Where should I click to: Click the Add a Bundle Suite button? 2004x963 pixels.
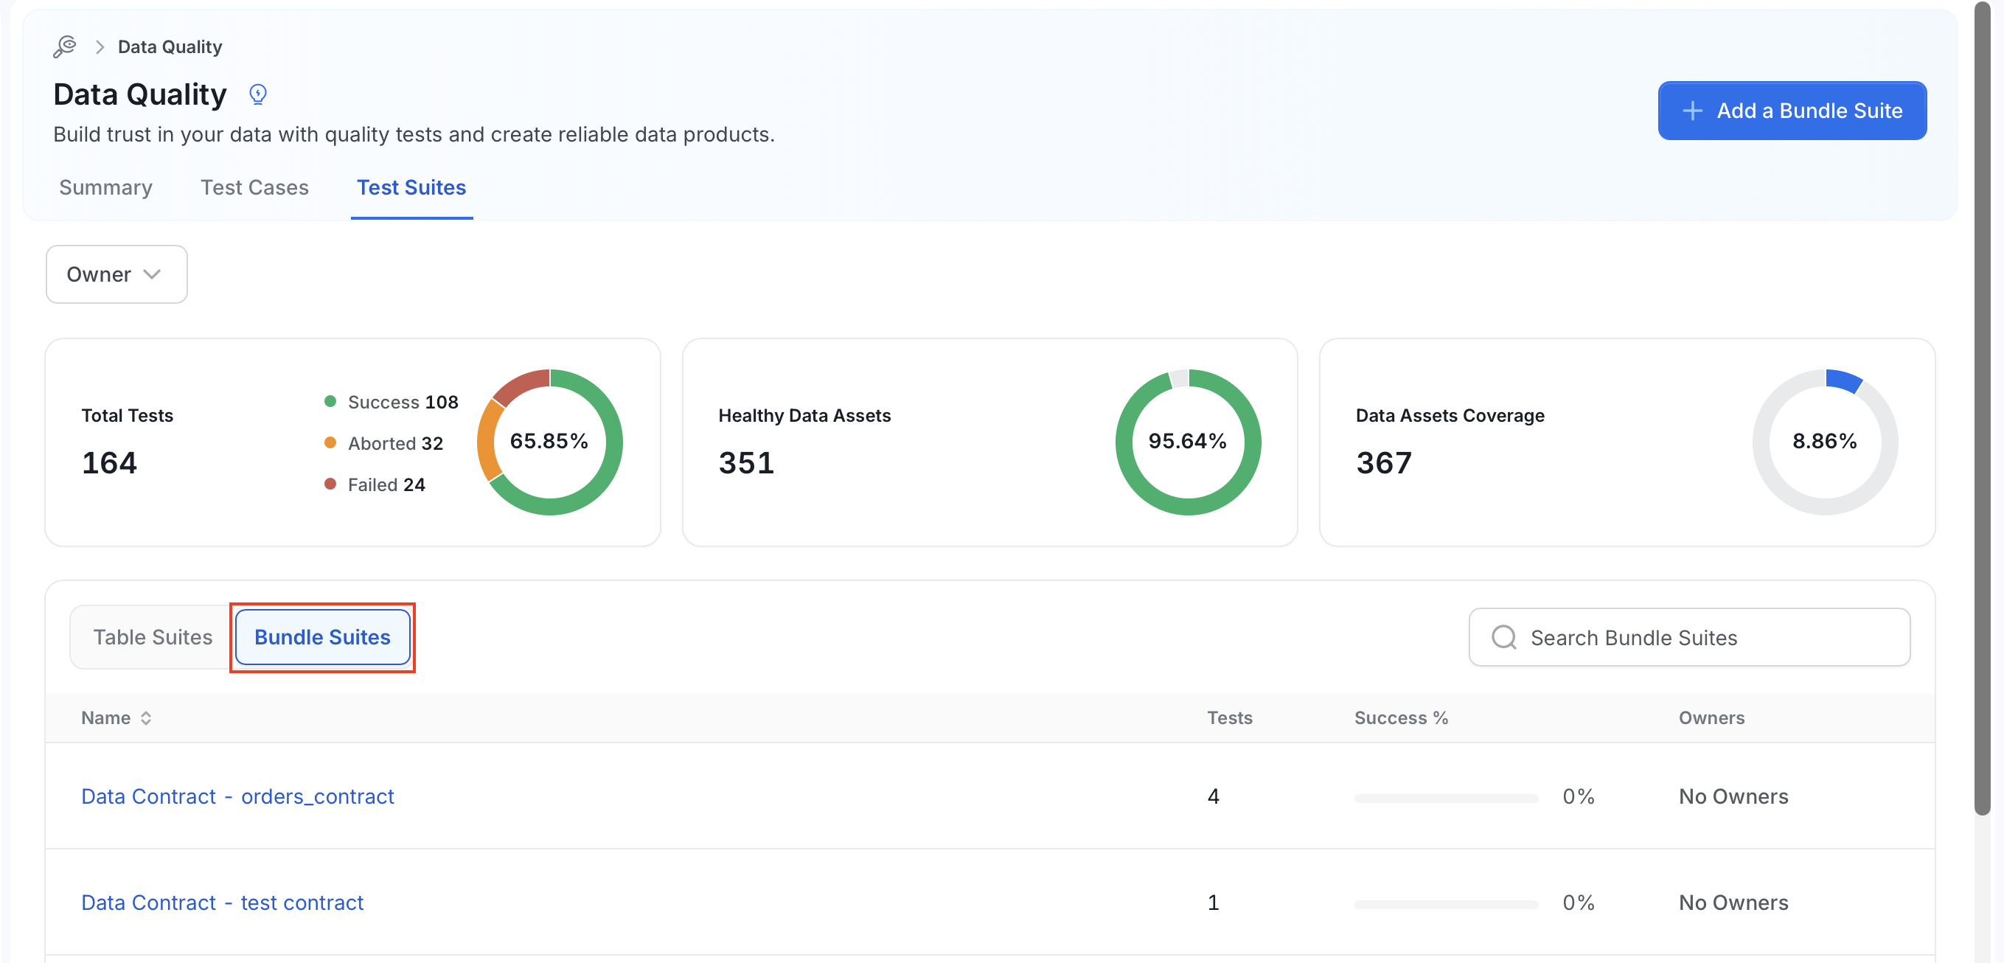point(1792,111)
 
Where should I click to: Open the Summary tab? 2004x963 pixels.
point(105,187)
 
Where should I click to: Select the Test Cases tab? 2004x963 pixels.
point(254,187)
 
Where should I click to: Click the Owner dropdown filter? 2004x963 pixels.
point(116,274)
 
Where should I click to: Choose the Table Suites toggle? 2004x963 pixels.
point(153,637)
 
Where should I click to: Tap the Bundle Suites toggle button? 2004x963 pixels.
point(323,637)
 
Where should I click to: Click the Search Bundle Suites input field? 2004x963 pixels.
point(1689,637)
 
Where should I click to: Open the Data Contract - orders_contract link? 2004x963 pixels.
point(237,796)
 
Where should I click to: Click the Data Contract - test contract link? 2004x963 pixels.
point(223,903)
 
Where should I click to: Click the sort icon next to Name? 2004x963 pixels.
point(146,718)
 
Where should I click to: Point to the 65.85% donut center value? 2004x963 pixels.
point(549,441)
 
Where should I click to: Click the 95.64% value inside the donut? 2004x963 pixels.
point(1187,441)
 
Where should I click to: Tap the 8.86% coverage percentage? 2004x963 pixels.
point(1824,441)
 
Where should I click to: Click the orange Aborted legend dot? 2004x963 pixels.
point(330,442)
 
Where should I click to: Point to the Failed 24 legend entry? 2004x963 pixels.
point(375,484)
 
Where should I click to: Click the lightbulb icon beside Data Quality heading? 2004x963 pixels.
point(257,94)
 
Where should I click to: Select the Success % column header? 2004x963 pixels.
point(1401,718)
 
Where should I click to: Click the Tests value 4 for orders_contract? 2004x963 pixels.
point(1213,796)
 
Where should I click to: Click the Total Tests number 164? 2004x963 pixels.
point(110,463)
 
